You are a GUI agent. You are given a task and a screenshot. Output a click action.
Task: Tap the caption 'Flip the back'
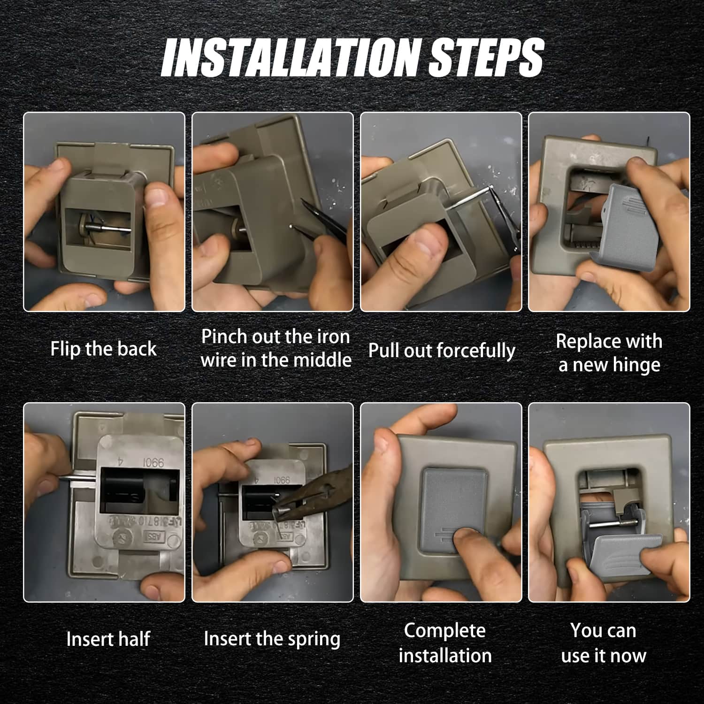103,349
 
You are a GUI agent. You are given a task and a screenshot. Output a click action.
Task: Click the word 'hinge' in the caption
636,365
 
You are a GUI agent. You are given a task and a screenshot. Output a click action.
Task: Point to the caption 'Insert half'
108,639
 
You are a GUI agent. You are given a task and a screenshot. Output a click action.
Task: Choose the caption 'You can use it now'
604,643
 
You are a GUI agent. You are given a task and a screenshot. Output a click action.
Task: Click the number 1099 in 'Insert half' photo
153,463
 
